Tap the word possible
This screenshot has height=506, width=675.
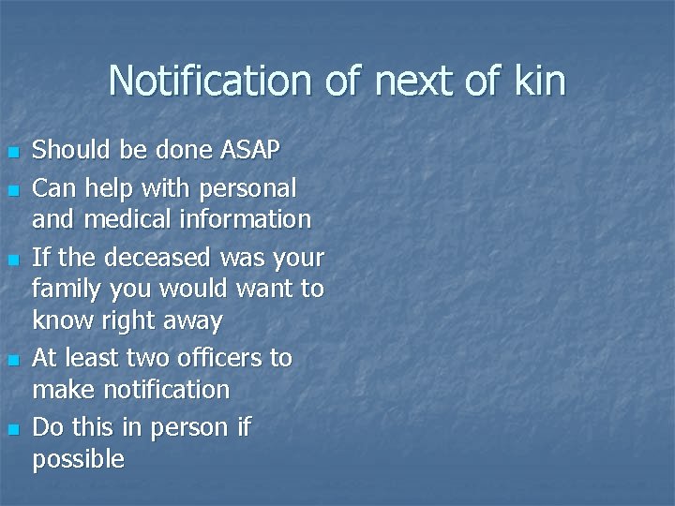coord(78,460)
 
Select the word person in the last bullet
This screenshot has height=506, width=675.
coord(191,428)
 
